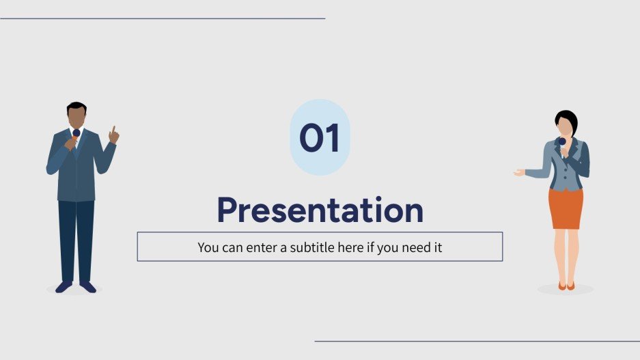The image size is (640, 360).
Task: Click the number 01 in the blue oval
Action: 320,139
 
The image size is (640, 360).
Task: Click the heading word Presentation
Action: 320,210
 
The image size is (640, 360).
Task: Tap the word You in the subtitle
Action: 208,247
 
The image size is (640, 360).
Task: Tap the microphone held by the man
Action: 76,134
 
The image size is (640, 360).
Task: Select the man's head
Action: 76,115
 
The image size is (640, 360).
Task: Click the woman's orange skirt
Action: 566,208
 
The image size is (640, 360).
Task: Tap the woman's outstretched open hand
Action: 519,173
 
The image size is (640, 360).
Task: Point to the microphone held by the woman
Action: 561,142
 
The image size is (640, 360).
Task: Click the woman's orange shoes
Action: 566,286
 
